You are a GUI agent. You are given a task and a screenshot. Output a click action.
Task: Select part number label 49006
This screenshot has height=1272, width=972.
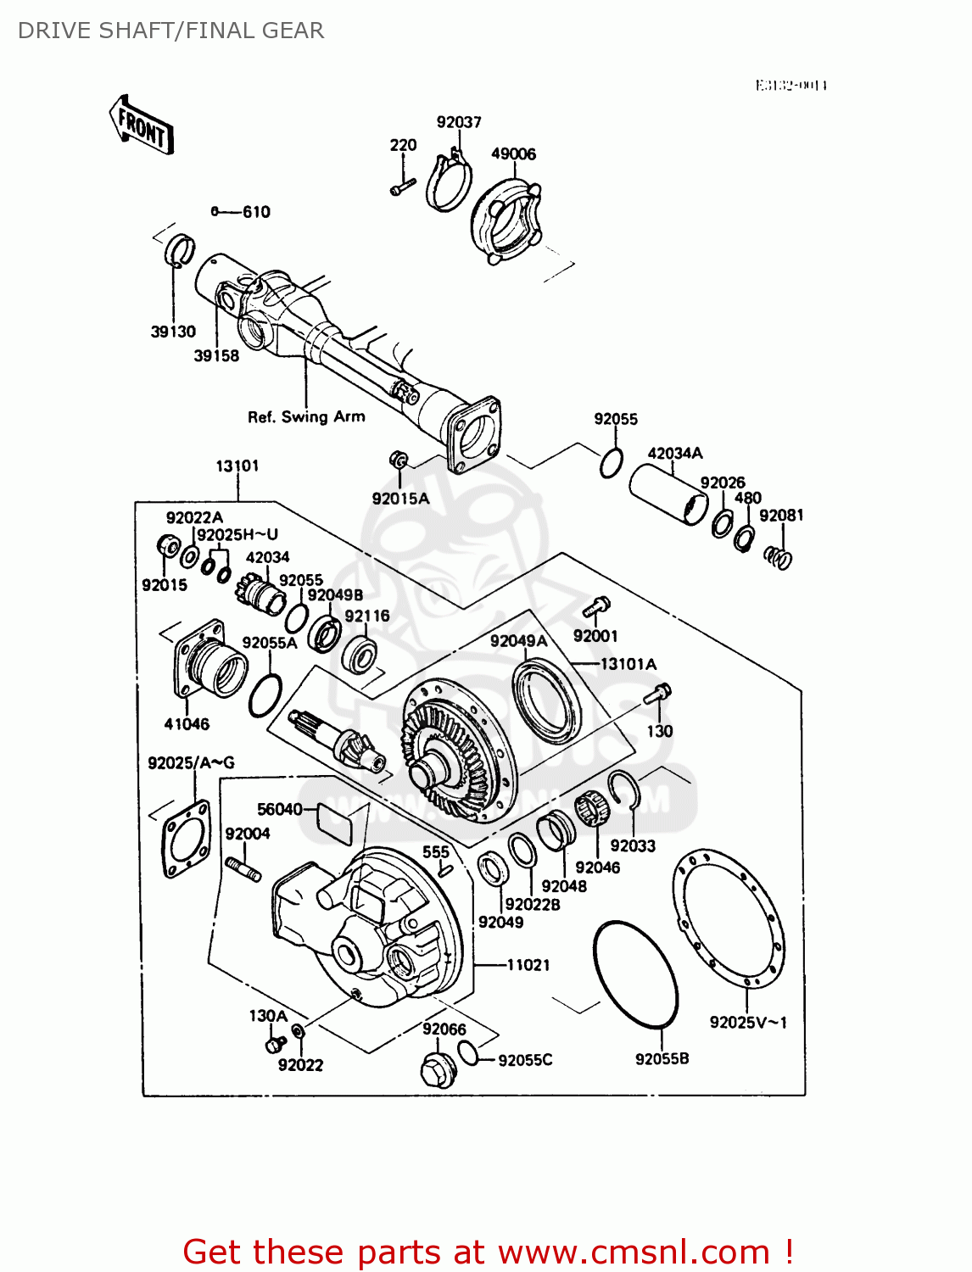click(x=513, y=153)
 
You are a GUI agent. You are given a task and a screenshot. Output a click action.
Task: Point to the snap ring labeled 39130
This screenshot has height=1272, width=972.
click(x=179, y=250)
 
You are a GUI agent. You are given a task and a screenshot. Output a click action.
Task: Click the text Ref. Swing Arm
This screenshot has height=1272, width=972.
click(x=306, y=416)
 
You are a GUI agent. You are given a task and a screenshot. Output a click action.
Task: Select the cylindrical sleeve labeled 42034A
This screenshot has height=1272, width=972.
click(x=668, y=494)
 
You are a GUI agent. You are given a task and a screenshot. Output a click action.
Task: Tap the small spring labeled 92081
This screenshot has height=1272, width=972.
click(x=779, y=557)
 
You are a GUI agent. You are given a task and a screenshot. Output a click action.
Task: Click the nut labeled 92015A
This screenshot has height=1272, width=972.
click(x=398, y=460)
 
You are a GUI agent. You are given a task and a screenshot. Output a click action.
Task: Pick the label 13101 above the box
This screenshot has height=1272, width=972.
click(x=237, y=466)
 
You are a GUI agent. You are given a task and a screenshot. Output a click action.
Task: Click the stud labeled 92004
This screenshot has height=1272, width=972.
click(x=243, y=869)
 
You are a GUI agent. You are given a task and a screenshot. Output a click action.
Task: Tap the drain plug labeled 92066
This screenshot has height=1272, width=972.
click(x=438, y=1070)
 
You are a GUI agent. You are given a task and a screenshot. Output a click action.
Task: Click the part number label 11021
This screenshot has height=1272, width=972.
click(x=528, y=964)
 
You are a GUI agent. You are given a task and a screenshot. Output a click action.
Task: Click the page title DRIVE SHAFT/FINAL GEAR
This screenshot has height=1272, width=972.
click(x=170, y=31)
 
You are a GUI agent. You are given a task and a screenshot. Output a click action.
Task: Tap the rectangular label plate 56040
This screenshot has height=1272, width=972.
click(x=334, y=823)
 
